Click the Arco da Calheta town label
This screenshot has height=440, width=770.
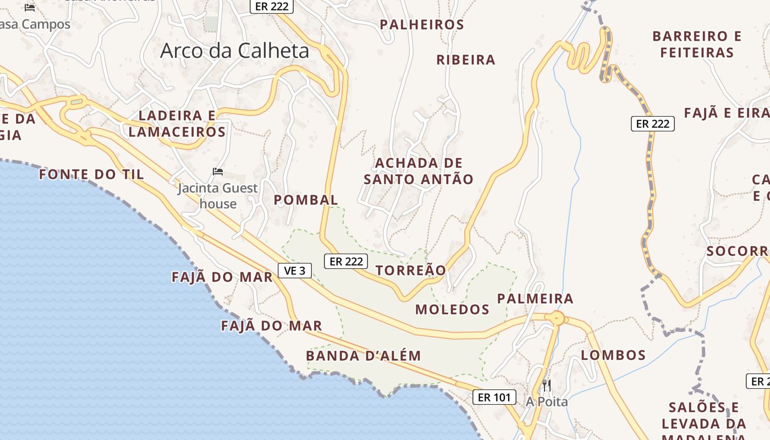[x=235, y=51]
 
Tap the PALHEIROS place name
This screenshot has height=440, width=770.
[x=422, y=25]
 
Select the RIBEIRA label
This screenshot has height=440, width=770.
[x=466, y=60]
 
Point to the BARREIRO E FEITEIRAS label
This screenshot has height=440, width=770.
[x=697, y=45]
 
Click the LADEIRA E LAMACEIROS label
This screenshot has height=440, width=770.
[x=177, y=124]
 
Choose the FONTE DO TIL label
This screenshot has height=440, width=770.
[x=91, y=175]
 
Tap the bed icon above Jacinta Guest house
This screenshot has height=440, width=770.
[x=218, y=172]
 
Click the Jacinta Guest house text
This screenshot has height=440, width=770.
[x=218, y=196]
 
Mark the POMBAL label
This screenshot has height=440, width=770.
[x=306, y=200]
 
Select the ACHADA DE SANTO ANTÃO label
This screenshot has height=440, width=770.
[x=419, y=171]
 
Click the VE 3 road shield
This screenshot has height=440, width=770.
[x=295, y=271]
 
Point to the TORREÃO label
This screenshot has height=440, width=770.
[x=411, y=271]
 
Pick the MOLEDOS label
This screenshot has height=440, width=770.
[x=452, y=310]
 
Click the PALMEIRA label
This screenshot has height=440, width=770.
[x=535, y=299]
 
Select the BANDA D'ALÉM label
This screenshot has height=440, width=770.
[x=364, y=356]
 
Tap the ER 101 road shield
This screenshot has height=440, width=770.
[x=494, y=397]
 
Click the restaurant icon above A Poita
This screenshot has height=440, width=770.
[x=547, y=385]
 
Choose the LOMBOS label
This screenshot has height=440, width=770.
[x=613, y=355]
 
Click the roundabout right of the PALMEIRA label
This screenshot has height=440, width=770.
[x=557, y=318]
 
